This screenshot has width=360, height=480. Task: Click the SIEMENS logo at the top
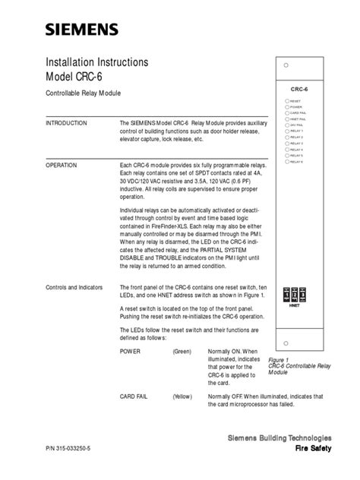pyautogui.click(x=82, y=30)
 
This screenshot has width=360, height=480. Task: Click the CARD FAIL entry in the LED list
pyautogui.click(x=137, y=396)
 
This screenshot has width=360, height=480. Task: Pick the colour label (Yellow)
pyautogui.click(x=182, y=396)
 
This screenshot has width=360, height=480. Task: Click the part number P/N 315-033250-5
pyautogui.click(x=76, y=450)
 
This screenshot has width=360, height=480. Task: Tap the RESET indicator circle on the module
pyautogui.click(x=286, y=99)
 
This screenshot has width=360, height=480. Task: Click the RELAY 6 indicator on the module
pyautogui.click(x=286, y=161)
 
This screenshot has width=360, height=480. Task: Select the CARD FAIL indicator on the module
pyautogui.click(x=286, y=113)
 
